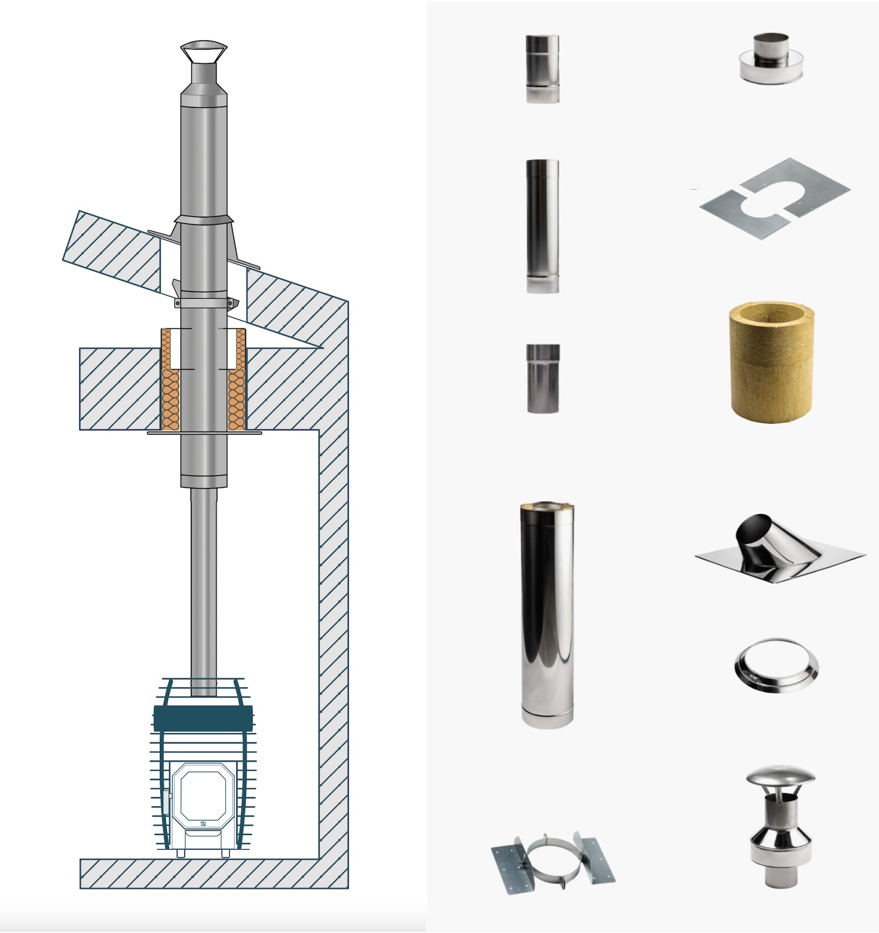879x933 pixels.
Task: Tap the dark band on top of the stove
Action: tap(204, 718)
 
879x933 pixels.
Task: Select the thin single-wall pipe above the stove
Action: tap(204, 589)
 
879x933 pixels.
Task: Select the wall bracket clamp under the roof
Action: tap(204, 304)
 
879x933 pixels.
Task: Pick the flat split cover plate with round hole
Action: tap(775, 198)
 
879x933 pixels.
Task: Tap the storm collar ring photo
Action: tap(775, 665)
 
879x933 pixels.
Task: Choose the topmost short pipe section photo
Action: tap(542, 69)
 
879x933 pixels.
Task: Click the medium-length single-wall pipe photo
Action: tap(542, 226)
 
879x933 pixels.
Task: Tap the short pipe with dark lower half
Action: tap(543, 378)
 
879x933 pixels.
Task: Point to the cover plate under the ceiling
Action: tap(204, 433)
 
